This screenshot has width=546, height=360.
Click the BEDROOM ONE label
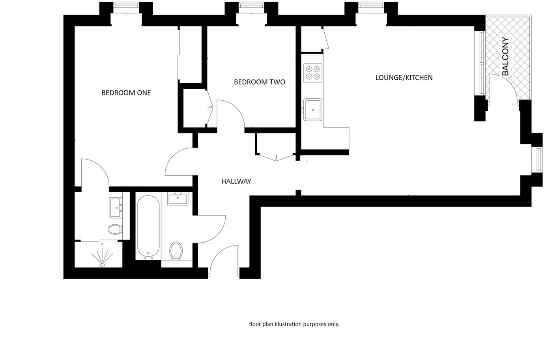pos(126,93)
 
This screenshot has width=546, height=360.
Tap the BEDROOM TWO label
pos(259,82)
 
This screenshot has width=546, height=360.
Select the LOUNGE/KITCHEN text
pos(404,78)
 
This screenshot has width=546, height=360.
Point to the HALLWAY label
pos(236,182)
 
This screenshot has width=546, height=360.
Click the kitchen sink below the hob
pos(312,109)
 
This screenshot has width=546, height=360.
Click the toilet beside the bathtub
pos(176,251)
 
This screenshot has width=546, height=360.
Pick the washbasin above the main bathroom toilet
pos(178,198)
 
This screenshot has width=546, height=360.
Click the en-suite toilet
pos(115,229)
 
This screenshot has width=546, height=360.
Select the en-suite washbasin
pos(116,208)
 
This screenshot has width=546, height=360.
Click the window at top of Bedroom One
pos(125,6)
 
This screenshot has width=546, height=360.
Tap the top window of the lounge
pos(371,6)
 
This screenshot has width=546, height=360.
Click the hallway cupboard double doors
pos(276,157)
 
